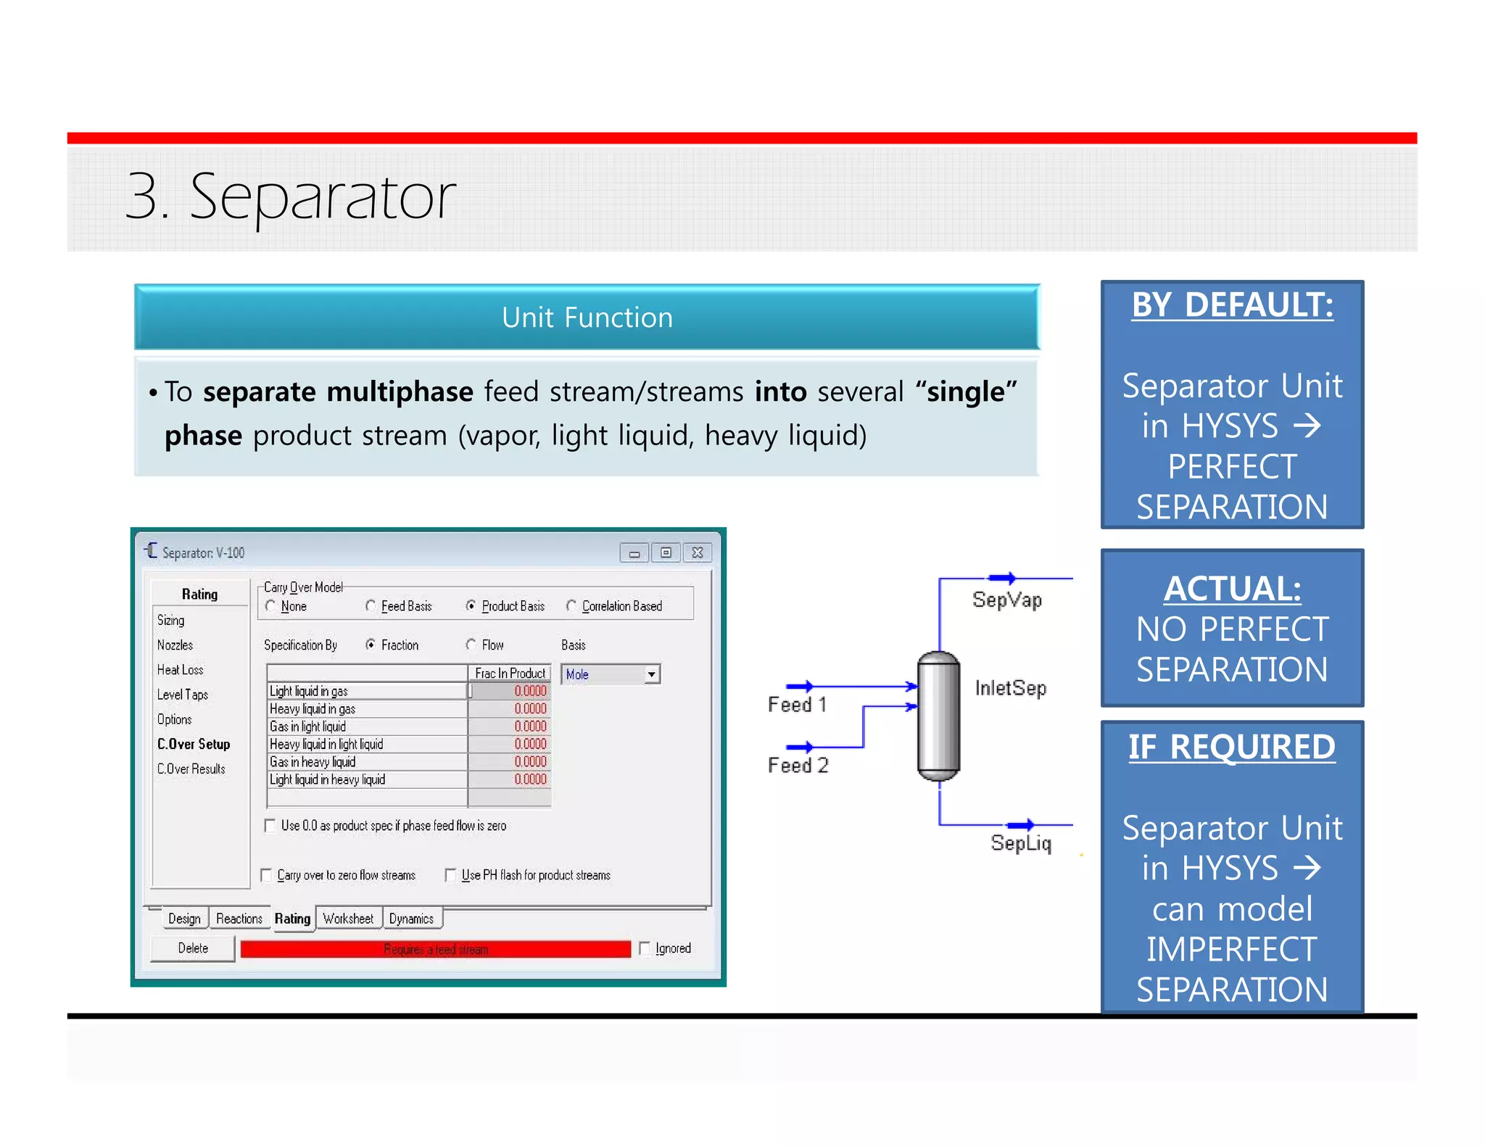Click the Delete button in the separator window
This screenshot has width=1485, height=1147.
(x=192, y=948)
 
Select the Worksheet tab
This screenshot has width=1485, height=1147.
(x=348, y=919)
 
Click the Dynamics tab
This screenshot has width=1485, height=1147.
(x=411, y=919)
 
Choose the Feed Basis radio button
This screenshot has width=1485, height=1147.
(x=371, y=605)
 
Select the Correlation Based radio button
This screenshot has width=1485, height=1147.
(x=571, y=605)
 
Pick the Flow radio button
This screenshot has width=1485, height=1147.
(x=471, y=645)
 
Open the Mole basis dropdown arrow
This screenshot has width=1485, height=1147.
(x=651, y=674)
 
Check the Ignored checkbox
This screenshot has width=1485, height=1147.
(x=645, y=948)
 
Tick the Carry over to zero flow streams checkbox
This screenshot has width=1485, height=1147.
(x=267, y=875)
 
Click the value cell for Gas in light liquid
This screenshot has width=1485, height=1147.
(x=510, y=726)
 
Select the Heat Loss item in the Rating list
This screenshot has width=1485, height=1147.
(x=180, y=670)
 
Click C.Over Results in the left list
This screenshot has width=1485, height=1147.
(x=191, y=769)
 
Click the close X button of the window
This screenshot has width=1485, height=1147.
(x=697, y=552)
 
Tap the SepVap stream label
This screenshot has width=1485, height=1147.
(x=1006, y=600)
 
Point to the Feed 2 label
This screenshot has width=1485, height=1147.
(x=798, y=766)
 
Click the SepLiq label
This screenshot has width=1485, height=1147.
(x=1020, y=842)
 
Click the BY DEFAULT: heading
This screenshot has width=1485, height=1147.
(x=1232, y=305)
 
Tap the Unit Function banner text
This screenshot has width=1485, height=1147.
(x=587, y=318)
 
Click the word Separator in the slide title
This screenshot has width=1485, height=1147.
(x=322, y=196)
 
